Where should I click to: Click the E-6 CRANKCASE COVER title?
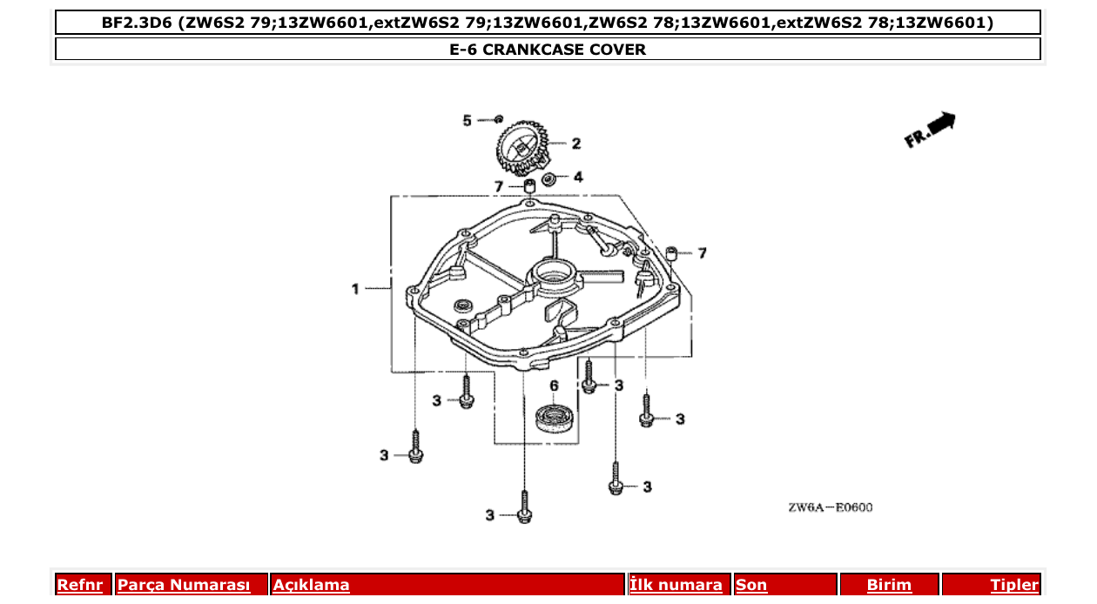pyautogui.click(x=548, y=50)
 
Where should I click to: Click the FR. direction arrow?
pyautogui.click(x=931, y=129)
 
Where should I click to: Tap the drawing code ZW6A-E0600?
pyautogui.click(x=830, y=507)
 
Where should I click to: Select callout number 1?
pyautogui.click(x=355, y=288)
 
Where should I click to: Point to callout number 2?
pyautogui.click(x=576, y=144)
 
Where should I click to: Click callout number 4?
pyautogui.click(x=578, y=177)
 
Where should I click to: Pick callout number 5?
pyautogui.click(x=467, y=120)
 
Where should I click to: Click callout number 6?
pyautogui.click(x=553, y=386)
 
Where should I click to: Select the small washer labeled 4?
pyautogui.click(x=549, y=179)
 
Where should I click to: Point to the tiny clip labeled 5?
pyautogui.click(x=498, y=118)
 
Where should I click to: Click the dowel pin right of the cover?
pyautogui.click(x=672, y=253)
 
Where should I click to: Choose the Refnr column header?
pyautogui.click(x=79, y=585)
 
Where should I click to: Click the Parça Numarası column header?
pyautogui.click(x=184, y=585)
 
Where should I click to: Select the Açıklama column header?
pyautogui.click(x=312, y=585)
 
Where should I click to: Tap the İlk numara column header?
pyautogui.click(x=676, y=585)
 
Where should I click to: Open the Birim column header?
pyautogui.click(x=889, y=585)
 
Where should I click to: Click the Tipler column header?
pyautogui.click(x=1013, y=585)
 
